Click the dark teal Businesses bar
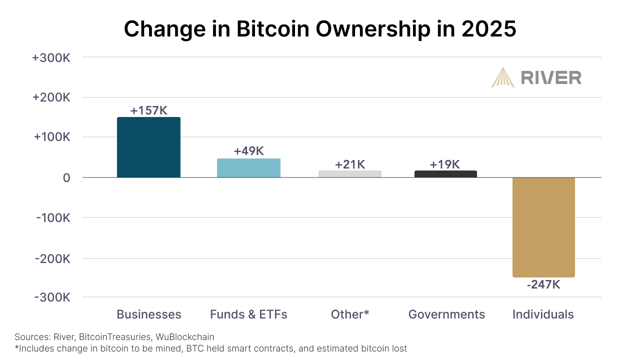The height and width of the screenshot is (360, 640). click(148, 147)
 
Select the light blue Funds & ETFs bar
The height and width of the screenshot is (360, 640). click(248, 168)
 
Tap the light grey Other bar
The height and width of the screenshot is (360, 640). click(350, 174)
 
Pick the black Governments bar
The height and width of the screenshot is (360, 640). click(445, 174)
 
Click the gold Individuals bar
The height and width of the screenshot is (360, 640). click(543, 227)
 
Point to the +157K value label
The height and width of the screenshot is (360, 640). click(148, 110)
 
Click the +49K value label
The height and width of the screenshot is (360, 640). click(248, 151)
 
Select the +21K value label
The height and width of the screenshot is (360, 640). click(350, 164)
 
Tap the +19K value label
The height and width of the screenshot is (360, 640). click(445, 164)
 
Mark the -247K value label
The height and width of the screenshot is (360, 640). click(543, 285)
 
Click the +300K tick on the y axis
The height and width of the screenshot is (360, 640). click(51, 57)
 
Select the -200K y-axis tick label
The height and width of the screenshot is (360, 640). click(52, 258)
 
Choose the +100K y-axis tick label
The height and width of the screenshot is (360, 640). click(51, 137)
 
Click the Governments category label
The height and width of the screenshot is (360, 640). click(446, 314)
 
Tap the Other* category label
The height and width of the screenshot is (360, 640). click(350, 314)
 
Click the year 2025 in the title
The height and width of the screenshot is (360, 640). click(488, 29)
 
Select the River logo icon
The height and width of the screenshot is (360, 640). click(502, 77)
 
